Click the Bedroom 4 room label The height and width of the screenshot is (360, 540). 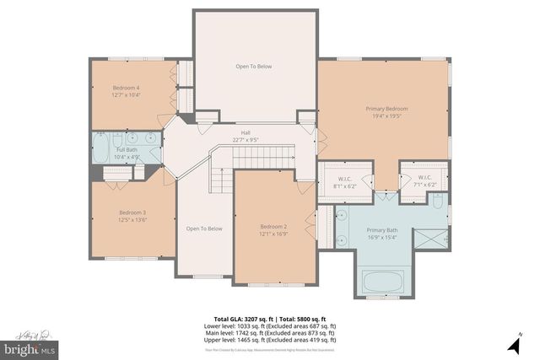click(x=127, y=88)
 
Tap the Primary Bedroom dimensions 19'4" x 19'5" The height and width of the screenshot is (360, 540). click(x=386, y=116)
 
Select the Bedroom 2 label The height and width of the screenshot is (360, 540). click(x=274, y=227)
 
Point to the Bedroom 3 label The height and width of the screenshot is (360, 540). click(x=132, y=212)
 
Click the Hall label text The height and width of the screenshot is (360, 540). click(x=246, y=132)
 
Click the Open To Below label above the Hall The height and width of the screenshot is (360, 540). click(x=254, y=66)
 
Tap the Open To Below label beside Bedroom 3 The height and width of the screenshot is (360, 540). click(x=204, y=228)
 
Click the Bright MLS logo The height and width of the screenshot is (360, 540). click(x=30, y=347)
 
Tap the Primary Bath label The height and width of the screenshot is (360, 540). click(x=381, y=230)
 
